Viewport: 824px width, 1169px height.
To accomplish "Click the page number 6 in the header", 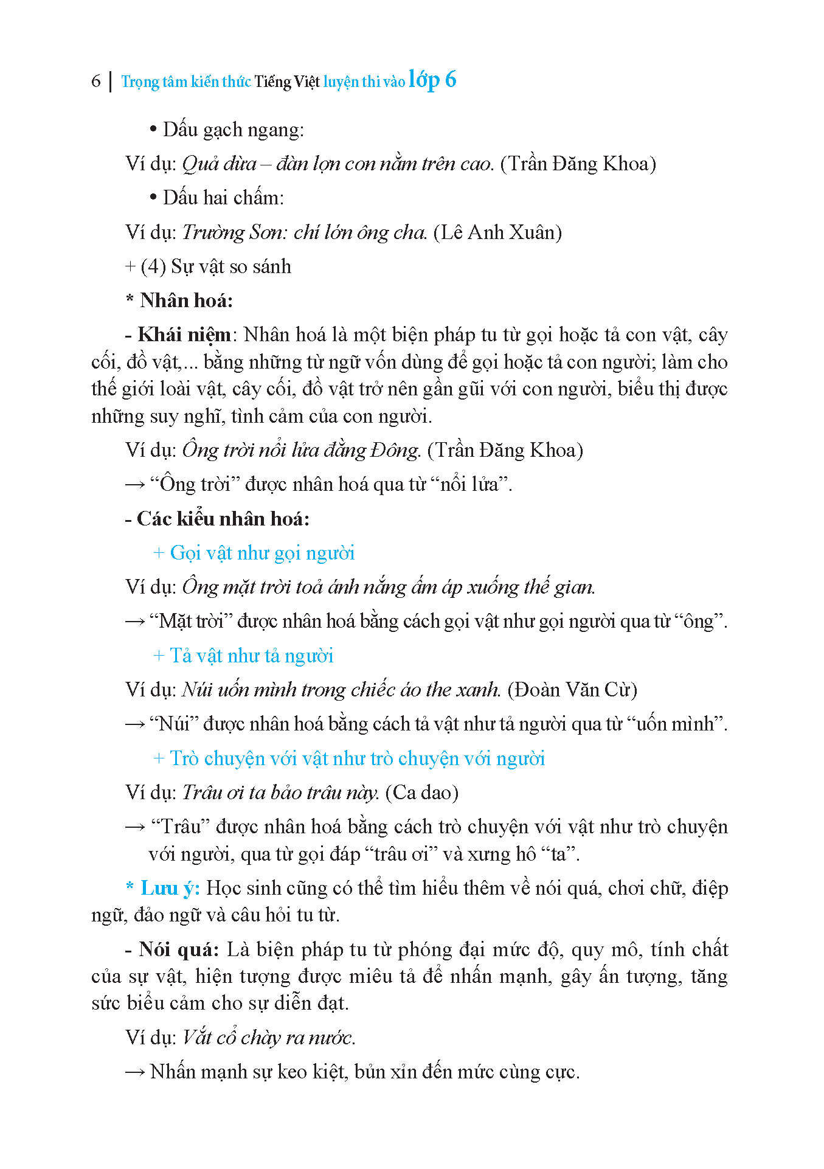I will point(95,81).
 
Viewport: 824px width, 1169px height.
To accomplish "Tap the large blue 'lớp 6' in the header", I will point(432,80).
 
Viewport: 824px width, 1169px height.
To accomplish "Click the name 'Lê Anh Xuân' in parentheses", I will point(497,232).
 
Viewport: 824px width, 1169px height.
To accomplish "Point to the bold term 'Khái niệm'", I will point(184,335).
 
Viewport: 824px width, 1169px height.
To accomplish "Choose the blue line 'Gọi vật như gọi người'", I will point(261,553).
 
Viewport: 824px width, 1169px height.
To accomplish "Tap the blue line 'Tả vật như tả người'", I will point(251,656).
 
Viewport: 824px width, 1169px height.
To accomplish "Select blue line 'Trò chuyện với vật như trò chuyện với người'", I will point(357,758).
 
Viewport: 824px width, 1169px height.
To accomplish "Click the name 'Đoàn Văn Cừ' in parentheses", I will point(572,690).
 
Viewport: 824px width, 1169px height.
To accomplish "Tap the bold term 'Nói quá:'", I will point(179,949).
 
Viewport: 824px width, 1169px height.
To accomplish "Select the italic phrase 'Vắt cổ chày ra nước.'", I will point(269,1038).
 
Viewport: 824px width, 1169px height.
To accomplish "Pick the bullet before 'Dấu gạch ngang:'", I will point(153,130).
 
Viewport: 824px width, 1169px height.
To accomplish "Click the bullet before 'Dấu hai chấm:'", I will point(153,198).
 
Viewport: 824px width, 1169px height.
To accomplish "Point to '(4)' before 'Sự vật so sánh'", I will point(153,266).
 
